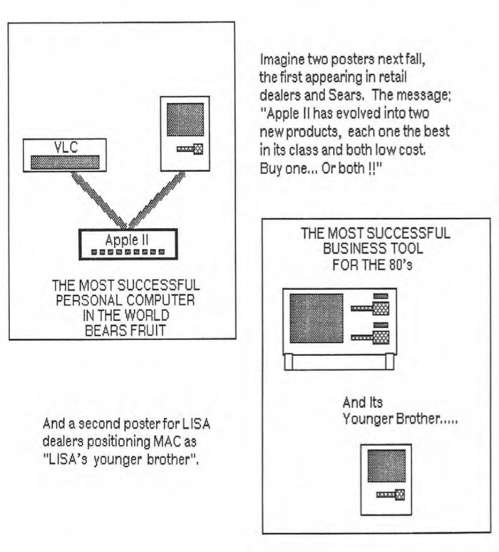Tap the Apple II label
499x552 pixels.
(127, 240)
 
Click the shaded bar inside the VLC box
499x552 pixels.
(65, 162)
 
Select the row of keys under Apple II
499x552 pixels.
(128, 252)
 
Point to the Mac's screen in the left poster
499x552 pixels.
(185, 120)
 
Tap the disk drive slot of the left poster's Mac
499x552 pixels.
(190, 149)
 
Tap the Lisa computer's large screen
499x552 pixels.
(316, 318)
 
